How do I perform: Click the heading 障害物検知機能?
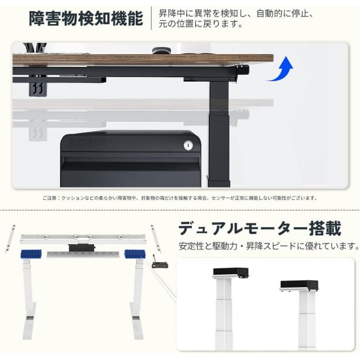(86, 19)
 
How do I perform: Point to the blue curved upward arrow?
(280, 69)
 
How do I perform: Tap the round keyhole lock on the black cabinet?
(188, 144)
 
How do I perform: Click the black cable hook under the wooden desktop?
(38, 88)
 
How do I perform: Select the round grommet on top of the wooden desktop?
(159, 51)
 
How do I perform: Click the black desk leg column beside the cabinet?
(220, 129)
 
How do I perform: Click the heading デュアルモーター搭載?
(259, 228)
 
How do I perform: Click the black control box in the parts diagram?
(81, 246)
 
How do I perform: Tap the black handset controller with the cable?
(159, 264)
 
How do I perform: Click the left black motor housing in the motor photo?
(231, 272)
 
